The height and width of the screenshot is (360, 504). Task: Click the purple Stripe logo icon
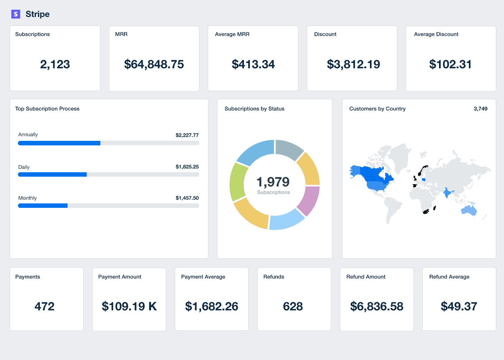[16, 14]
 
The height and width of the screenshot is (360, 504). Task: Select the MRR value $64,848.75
[154, 65]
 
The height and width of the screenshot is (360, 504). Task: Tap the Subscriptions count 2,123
[55, 65]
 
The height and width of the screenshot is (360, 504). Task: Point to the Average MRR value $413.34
[253, 65]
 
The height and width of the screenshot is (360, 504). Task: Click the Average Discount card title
[436, 34]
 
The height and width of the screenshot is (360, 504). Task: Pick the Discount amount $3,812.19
[353, 65]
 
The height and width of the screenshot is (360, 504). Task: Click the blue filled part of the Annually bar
[59, 143]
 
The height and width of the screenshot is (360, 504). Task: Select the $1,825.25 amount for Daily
[187, 167]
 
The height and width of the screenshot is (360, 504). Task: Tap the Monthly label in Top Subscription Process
[27, 198]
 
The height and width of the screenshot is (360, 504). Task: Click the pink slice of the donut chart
[309, 201]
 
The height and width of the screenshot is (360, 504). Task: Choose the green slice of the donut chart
[237, 182]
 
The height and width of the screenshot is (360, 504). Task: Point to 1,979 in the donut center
[273, 182]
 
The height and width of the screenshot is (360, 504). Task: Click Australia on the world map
[469, 210]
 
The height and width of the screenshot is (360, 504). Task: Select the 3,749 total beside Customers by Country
[480, 109]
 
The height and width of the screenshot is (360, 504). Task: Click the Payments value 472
[44, 307]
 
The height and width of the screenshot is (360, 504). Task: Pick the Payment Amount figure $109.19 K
[129, 307]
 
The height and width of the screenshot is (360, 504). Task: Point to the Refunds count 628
[293, 307]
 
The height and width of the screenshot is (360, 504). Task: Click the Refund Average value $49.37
[459, 307]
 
